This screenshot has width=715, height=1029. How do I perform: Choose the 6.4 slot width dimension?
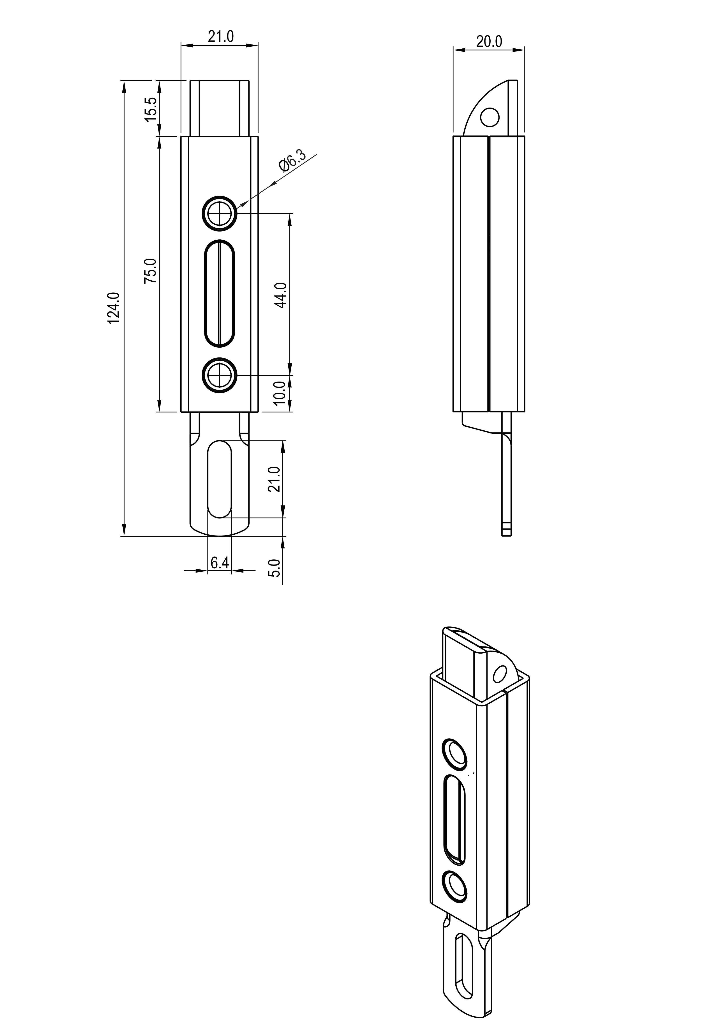[x=220, y=562]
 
